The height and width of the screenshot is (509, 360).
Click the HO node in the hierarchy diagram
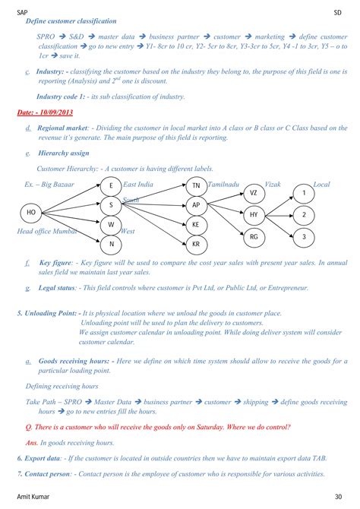31,211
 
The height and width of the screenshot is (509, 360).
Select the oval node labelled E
112,186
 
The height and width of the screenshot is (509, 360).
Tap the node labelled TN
196,186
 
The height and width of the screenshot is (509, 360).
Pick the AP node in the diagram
196,205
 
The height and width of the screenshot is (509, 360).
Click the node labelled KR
196,244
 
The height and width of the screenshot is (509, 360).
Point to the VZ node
254,194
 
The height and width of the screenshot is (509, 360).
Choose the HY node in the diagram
254,215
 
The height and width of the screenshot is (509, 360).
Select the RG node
254,237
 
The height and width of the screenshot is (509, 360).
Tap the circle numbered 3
304,237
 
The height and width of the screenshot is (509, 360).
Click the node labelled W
112,225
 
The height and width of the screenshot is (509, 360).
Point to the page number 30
337,497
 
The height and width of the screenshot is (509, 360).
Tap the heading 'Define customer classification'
71,21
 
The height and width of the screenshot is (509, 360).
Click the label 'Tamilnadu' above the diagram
225,184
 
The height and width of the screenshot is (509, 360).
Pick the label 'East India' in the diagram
138,184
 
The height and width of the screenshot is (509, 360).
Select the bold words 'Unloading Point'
50,312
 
